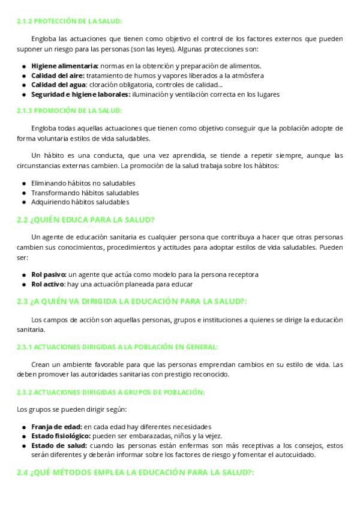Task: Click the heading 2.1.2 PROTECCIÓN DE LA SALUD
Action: coord(69,21)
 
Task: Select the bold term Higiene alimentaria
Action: coord(65,65)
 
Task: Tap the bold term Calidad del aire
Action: coord(58,75)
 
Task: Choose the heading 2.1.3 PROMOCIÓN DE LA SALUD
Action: coord(69,110)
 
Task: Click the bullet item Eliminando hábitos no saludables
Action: coord(83,183)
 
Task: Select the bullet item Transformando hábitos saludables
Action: coord(85,193)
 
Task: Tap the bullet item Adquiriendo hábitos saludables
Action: coord(80,202)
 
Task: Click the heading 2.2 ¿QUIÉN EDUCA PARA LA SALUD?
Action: coord(86,220)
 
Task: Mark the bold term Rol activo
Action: coord(48,284)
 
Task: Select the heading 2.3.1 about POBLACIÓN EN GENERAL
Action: coord(117,347)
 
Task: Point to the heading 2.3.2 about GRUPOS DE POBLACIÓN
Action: coord(111,393)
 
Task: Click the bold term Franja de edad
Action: coord(57,427)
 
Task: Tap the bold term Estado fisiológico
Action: coord(61,436)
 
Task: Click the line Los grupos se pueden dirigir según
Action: coord(71,409)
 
